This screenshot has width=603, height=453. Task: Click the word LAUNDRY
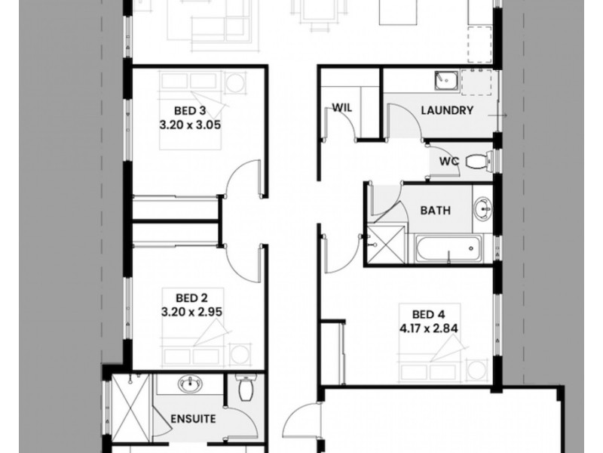coord(447,111)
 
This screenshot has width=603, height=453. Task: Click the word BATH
coord(436,211)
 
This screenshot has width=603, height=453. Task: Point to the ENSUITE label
coord(193,418)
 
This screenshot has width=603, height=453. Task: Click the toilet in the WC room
coord(477,160)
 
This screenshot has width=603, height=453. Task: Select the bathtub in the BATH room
coord(446,248)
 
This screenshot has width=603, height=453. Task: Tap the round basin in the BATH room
coord(482,206)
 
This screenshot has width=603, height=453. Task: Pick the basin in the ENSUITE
coord(188,386)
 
